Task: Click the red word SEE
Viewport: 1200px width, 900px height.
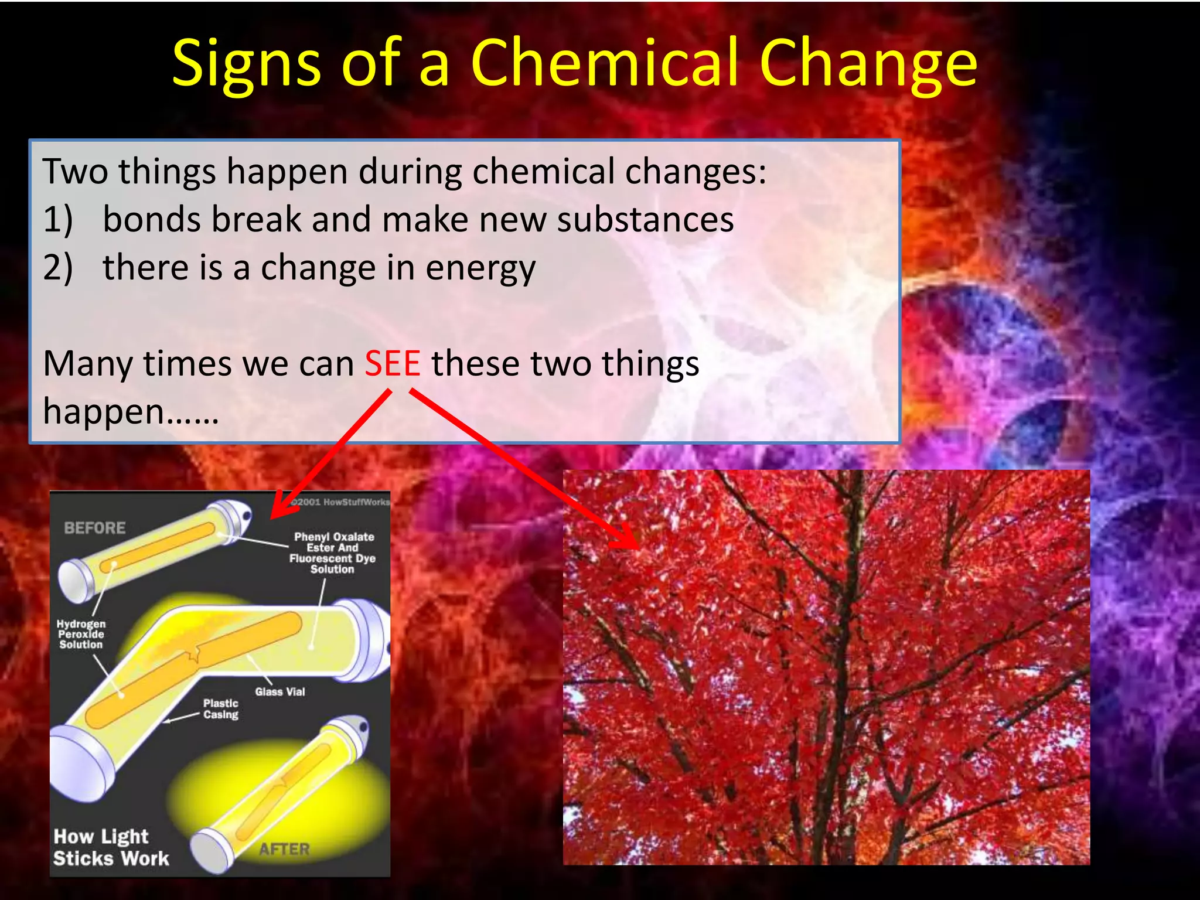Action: click(392, 363)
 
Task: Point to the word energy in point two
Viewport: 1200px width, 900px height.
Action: click(480, 269)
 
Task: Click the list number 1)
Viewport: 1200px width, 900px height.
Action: click(58, 220)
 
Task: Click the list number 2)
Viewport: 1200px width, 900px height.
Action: click(58, 268)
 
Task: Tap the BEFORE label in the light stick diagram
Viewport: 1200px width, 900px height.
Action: click(95, 528)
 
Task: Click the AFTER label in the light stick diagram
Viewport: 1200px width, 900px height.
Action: click(285, 849)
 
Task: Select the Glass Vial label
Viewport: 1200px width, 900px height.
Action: click(280, 692)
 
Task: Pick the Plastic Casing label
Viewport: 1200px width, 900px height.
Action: click(221, 709)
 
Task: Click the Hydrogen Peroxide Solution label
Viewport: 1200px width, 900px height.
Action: click(81, 635)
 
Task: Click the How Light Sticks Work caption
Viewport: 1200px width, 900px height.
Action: click(111, 847)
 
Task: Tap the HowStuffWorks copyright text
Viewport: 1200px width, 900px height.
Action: click(340, 502)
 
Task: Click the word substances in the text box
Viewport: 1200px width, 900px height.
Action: click(645, 220)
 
